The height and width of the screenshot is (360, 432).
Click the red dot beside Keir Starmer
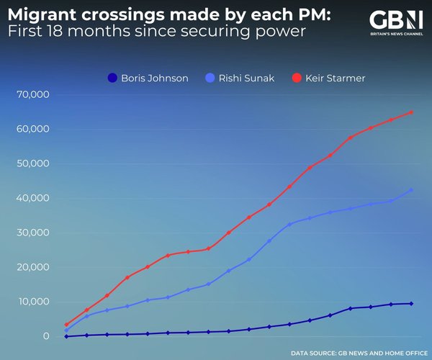click(296, 78)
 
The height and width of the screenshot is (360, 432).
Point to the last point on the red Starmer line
click(411, 112)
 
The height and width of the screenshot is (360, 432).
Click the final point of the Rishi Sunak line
click(411, 190)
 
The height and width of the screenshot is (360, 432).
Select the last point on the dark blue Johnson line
click(411, 303)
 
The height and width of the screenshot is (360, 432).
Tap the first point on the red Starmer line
click(66, 325)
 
